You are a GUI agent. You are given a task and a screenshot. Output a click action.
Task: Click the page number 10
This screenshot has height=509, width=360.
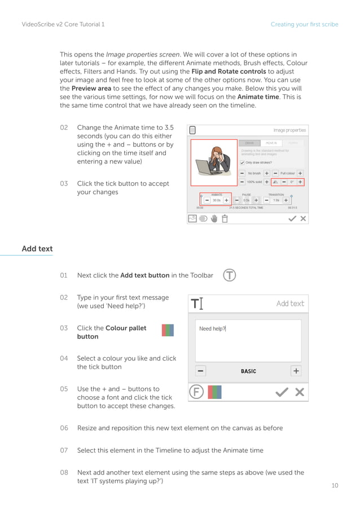click(335, 485)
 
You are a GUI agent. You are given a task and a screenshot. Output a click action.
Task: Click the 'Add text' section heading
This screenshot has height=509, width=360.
click(37, 249)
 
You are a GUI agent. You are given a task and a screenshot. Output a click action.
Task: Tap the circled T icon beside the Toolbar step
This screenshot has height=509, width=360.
click(229, 275)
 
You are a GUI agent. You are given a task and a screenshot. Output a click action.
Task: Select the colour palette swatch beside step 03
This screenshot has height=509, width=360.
click(168, 330)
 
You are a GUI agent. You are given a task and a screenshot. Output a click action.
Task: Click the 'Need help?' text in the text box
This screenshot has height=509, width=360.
click(212, 329)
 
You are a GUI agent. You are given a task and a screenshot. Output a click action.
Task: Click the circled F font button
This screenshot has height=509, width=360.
click(196, 392)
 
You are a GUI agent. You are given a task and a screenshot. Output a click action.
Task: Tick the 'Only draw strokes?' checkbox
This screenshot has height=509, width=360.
click(242, 163)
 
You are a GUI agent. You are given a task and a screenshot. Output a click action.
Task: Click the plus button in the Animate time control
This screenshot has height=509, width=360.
click(226, 200)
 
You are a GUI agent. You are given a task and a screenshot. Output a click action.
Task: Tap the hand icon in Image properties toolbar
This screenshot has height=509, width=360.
click(214, 218)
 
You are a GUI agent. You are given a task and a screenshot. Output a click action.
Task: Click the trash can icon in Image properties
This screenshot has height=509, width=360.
click(225, 218)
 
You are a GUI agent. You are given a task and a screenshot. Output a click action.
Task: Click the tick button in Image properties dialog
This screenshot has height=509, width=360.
click(292, 218)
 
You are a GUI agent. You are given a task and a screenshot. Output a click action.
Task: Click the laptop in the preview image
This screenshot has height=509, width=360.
click(204, 168)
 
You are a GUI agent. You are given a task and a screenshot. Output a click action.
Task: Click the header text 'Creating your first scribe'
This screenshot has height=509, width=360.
click(304, 24)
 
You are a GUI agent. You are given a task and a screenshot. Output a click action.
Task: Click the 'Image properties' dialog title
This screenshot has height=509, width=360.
click(289, 130)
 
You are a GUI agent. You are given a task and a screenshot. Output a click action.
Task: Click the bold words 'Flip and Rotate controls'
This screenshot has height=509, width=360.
click(229, 72)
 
